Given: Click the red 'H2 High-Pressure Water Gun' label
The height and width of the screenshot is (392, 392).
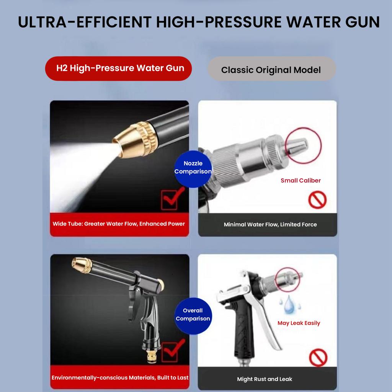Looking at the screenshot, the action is pyautogui.click(x=119, y=68).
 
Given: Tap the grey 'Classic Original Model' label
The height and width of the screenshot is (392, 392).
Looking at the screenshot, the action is pyautogui.click(x=272, y=69).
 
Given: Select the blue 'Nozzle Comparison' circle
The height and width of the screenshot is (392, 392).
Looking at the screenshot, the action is pyautogui.click(x=193, y=169).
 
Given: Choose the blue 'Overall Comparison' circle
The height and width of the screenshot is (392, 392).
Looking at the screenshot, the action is pyautogui.click(x=193, y=316).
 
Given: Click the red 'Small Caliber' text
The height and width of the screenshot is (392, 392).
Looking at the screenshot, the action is pyautogui.click(x=301, y=181).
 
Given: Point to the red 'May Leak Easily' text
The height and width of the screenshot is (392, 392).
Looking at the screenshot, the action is pyautogui.click(x=299, y=323).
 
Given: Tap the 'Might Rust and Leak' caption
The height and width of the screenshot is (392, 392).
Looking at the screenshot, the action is pyautogui.click(x=265, y=379).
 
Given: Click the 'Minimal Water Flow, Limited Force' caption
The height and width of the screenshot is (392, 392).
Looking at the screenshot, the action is pyautogui.click(x=270, y=224).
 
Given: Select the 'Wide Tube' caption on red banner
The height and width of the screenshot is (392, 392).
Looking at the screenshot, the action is pyautogui.click(x=119, y=224).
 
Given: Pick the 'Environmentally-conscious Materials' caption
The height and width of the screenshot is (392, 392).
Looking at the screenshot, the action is pyautogui.click(x=120, y=378).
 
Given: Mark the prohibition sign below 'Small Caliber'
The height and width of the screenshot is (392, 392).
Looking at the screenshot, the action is pyautogui.click(x=317, y=200).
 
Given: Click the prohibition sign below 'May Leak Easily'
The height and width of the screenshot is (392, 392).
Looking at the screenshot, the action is pyautogui.click(x=318, y=358).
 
